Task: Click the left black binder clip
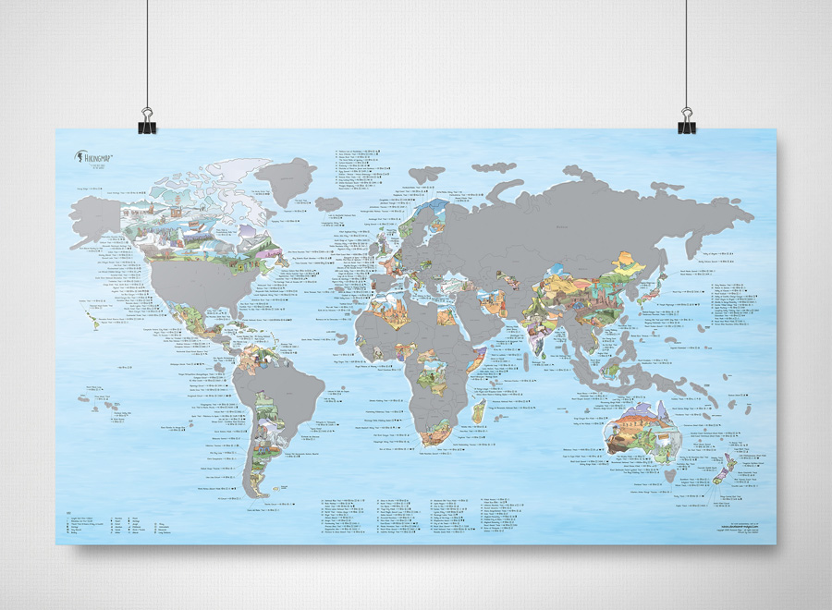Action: pos(147,121)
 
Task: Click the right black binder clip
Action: pos(686,121)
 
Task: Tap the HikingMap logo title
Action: pos(96,157)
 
